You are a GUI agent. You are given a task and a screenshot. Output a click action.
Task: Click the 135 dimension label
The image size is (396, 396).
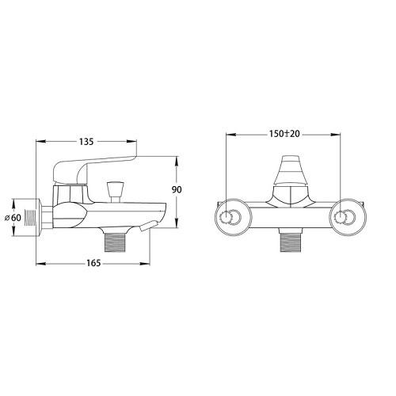86,142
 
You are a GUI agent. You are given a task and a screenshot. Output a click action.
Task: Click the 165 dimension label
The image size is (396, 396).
93,263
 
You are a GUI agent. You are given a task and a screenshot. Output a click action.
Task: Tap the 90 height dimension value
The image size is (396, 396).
177,189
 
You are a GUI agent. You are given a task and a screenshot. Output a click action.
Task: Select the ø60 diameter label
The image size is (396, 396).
13,218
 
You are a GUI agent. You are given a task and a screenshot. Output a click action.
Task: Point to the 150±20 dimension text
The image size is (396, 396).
284,134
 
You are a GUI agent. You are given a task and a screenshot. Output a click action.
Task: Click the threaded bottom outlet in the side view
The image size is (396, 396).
115,241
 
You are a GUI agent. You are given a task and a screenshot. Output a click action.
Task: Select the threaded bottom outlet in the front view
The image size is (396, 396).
291,241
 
